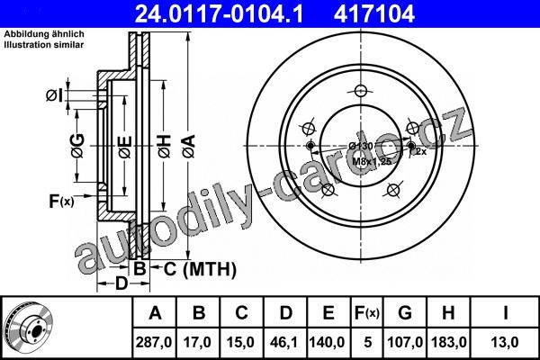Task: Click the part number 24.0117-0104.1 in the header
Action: pyautogui.click(x=219, y=14)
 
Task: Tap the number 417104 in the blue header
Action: pyautogui.click(x=374, y=14)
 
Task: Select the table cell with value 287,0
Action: pyautogui.click(x=154, y=342)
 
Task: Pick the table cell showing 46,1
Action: pyautogui.click(x=284, y=342)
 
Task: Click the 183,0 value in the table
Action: pyautogui.click(x=449, y=342)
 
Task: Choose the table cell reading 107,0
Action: pyautogui.click(x=405, y=342)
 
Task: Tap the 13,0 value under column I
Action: pyautogui.click(x=505, y=342)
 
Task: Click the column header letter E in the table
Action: pyautogui.click(x=328, y=313)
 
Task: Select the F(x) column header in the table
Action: pyautogui.click(x=367, y=313)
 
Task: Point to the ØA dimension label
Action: pyautogui.click(x=189, y=146)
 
